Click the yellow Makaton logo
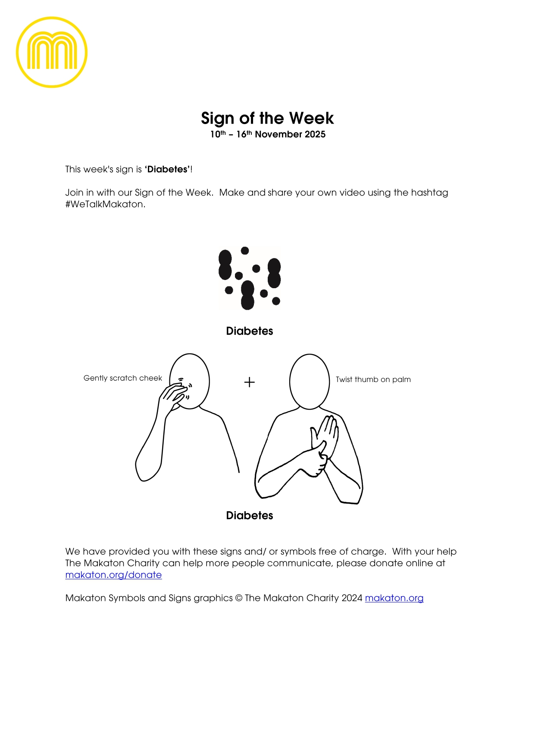[x=52, y=52]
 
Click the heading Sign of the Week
[x=267, y=118]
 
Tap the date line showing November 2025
[x=268, y=134]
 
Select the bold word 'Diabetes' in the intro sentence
[x=167, y=169]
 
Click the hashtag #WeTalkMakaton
[x=105, y=204]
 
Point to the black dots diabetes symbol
[x=250, y=278]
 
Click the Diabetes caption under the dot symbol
[x=250, y=331]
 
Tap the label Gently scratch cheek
[x=122, y=378]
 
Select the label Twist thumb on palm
[x=373, y=380]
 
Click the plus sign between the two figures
[x=250, y=382]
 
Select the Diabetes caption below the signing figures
[x=250, y=516]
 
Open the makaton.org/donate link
[x=113, y=575]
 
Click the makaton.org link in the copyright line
[x=394, y=598]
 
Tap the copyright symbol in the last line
[x=239, y=598]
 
